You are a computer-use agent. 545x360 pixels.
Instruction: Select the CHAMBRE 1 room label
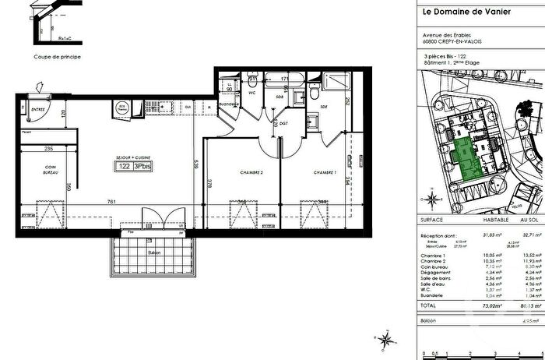tap(325, 172)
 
